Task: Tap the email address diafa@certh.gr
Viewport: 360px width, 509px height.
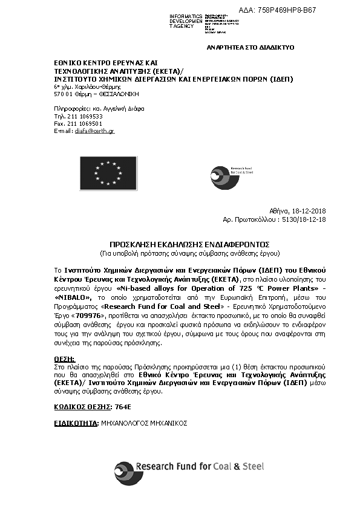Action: pyautogui.click(x=94, y=131)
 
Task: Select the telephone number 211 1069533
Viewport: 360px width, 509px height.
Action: pyautogui.click(x=83, y=116)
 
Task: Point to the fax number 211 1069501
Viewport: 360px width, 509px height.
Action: pyautogui.click(x=83, y=123)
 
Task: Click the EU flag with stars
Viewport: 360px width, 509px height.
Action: pyautogui.click(x=106, y=173)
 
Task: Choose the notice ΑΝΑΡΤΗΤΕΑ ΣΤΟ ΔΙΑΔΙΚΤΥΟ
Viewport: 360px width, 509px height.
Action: pyautogui.click(x=250, y=47)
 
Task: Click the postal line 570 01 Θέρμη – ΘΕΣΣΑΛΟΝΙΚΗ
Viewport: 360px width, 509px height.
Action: pyautogui.click(x=96, y=94)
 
